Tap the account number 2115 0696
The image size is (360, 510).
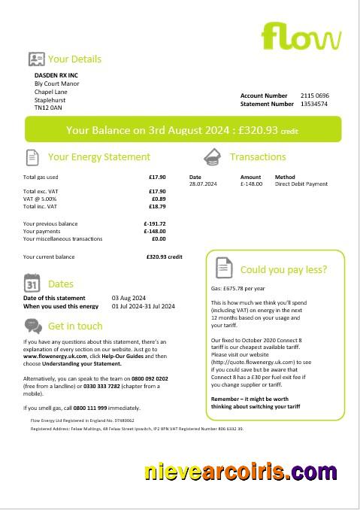pos(315,96)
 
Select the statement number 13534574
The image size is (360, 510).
pos(314,104)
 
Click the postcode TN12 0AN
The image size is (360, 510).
pos(49,108)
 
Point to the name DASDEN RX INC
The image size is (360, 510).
pos(56,75)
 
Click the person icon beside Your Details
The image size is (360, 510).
pos(35,59)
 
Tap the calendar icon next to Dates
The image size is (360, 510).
pos(32,284)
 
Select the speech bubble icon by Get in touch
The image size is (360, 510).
pos(33,326)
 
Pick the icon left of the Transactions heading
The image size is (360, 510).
pos(212,156)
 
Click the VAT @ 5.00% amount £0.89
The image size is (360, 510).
pos(157,199)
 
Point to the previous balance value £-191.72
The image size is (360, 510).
pos(154,223)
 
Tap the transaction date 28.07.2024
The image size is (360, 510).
pos(203,184)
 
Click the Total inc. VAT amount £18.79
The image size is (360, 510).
pos(156,205)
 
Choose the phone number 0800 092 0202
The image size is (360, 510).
pos(150,378)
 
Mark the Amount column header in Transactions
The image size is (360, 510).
pos(250,178)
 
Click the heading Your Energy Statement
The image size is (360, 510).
pos(99,156)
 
